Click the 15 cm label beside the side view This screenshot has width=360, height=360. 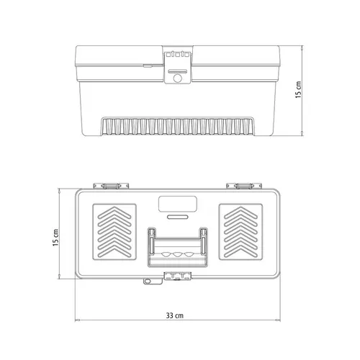(298, 90)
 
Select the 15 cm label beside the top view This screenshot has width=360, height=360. (55, 238)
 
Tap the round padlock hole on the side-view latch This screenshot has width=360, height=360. (177, 78)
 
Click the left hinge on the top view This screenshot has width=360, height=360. (111, 186)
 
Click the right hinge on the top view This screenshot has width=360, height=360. (244, 186)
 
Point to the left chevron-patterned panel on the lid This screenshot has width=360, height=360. (114, 232)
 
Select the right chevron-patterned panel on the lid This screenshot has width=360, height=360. (240, 232)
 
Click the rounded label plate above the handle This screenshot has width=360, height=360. (178, 204)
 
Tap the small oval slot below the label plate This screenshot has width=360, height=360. (178, 217)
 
